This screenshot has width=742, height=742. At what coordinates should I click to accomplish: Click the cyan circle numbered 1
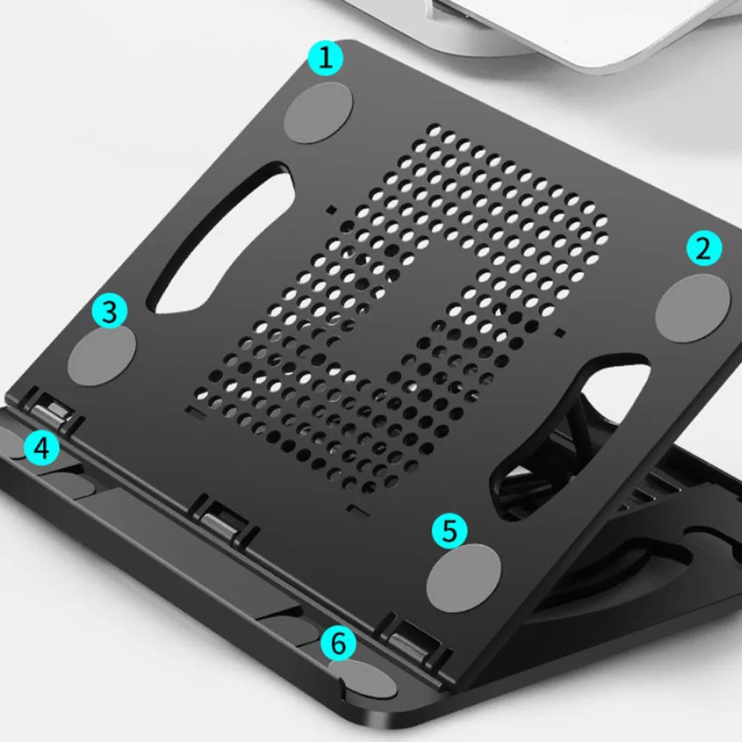(325, 59)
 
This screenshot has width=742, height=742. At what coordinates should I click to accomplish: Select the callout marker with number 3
(110, 312)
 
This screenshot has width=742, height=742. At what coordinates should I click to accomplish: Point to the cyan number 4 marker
(41, 448)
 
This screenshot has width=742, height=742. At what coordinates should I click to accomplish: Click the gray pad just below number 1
(318, 113)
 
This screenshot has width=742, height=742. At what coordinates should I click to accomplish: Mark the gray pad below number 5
(464, 574)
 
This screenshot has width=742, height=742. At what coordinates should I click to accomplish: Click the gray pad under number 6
(362, 676)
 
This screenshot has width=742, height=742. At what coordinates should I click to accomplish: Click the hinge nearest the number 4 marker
(54, 411)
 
